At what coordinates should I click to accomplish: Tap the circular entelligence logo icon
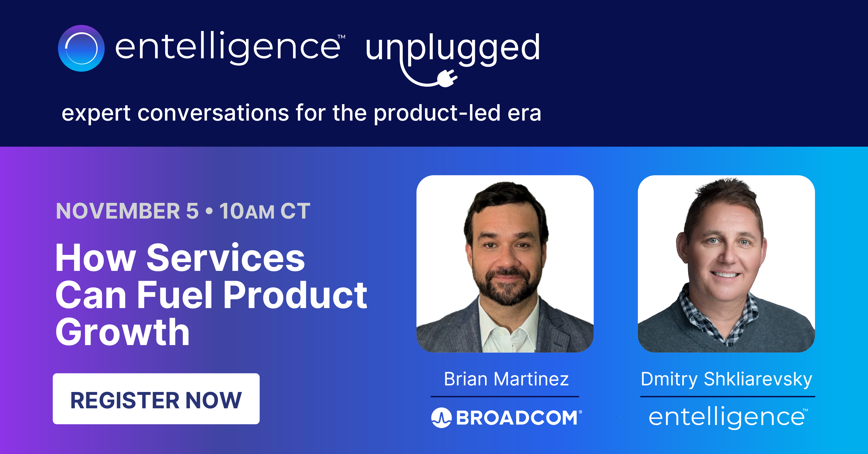(81, 48)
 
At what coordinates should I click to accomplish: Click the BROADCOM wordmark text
(517, 418)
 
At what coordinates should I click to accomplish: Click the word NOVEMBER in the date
(118, 211)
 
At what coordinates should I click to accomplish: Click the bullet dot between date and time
(209, 211)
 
